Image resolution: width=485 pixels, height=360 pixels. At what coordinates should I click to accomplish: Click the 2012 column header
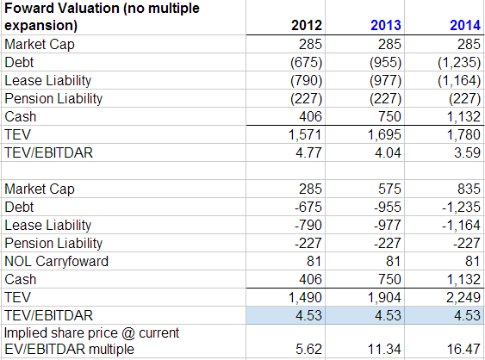306,25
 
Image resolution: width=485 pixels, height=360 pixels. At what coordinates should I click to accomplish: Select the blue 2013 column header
386,25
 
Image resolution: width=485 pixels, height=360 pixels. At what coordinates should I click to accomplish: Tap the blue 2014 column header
465,25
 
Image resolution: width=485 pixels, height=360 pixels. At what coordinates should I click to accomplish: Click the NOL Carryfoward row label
57,261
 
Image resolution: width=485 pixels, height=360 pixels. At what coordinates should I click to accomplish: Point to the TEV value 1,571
305,135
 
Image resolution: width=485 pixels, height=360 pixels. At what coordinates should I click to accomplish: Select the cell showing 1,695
384,135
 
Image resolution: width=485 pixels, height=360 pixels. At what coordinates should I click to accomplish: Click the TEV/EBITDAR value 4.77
308,152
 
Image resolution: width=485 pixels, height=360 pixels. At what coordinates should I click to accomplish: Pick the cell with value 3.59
467,152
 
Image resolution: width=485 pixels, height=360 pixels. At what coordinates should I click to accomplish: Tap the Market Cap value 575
389,189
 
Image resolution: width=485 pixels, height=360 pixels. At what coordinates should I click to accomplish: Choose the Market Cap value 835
469,189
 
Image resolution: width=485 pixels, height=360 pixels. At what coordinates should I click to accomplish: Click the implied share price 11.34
384,349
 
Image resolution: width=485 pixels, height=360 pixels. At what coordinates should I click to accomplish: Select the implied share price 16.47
463,349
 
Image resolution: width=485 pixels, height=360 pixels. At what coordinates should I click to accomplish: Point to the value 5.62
308,349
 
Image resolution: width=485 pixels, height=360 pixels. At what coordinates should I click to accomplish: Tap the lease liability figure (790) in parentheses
306,81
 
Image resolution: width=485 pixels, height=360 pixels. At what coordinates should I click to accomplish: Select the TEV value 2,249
463,297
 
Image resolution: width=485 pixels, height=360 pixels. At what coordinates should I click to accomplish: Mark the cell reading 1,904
384,297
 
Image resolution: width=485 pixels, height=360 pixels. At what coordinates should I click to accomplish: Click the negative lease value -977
388,225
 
